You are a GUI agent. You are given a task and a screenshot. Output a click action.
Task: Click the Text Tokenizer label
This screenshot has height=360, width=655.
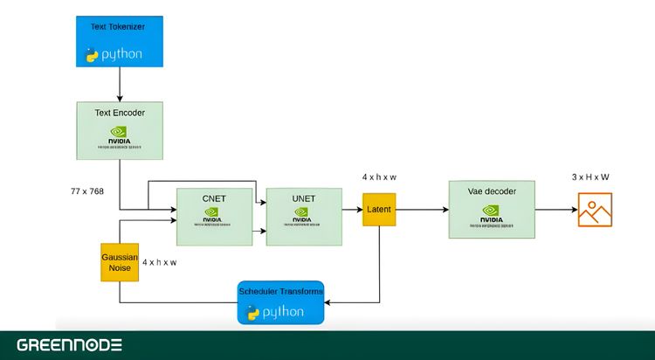coord(118,27)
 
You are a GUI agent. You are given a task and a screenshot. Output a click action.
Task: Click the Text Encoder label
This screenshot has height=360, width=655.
coord(120,113)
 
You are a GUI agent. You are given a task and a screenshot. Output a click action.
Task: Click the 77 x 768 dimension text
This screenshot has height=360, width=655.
coord(87,190)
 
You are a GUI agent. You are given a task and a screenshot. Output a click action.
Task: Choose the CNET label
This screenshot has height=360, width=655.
coord(213,198)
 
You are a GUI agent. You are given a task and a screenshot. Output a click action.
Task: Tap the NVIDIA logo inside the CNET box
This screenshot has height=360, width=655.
coord(213,218)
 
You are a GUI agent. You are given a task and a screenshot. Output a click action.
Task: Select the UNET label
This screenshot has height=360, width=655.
coord(303,199)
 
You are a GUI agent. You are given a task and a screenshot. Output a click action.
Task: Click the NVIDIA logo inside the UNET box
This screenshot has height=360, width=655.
coord(303,218)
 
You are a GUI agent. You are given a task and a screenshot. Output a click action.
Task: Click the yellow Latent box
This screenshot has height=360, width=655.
coord(379,210)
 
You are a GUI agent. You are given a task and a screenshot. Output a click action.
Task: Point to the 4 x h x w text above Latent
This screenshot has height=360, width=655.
coord(380,177)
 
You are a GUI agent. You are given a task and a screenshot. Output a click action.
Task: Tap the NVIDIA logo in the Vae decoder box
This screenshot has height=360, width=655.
coord(490,213)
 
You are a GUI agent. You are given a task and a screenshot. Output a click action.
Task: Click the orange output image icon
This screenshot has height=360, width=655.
coord(595,210)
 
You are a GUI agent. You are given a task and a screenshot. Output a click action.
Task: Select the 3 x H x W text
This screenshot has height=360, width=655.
coord(590,177)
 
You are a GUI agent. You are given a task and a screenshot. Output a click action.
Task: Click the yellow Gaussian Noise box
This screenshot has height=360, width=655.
coord(119,261)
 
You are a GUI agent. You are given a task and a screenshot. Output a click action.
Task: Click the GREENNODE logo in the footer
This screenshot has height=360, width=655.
coord(70,345)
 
